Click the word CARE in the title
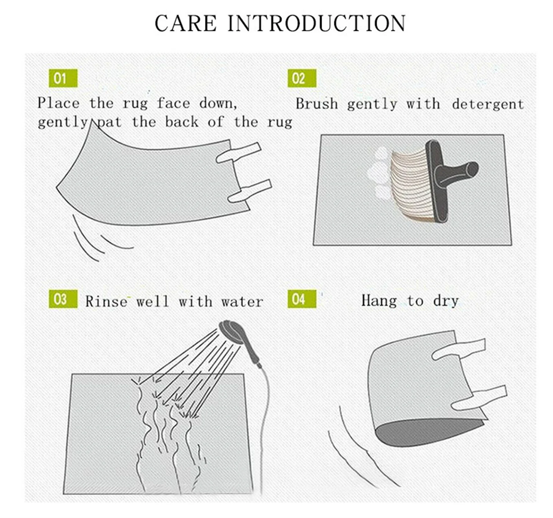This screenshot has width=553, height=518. [x=185, y=24]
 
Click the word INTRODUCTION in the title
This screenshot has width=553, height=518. [x=316, y=24]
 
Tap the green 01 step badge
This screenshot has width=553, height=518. [x=63, y=78]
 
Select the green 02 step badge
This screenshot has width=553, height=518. [x=302, y=78]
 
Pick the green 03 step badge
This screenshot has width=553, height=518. [x=63, y=299]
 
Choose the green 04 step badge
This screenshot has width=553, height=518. [x=302, y=299]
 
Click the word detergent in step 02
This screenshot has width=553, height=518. [x=488, y=104]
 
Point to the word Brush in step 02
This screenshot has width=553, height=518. [x=316, y=104]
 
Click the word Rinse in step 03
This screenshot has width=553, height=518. [x=106, y=301]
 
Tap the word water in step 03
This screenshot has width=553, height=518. [x=242, y=302]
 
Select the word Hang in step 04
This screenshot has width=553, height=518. [x=379, y=300]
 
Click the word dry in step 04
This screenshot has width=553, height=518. [x=446, y=301]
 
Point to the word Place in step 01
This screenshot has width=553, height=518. [x=58, y=103]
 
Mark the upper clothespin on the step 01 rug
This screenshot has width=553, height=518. [x=238, y=152]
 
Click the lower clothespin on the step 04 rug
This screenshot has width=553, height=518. [x=479, y=398]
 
